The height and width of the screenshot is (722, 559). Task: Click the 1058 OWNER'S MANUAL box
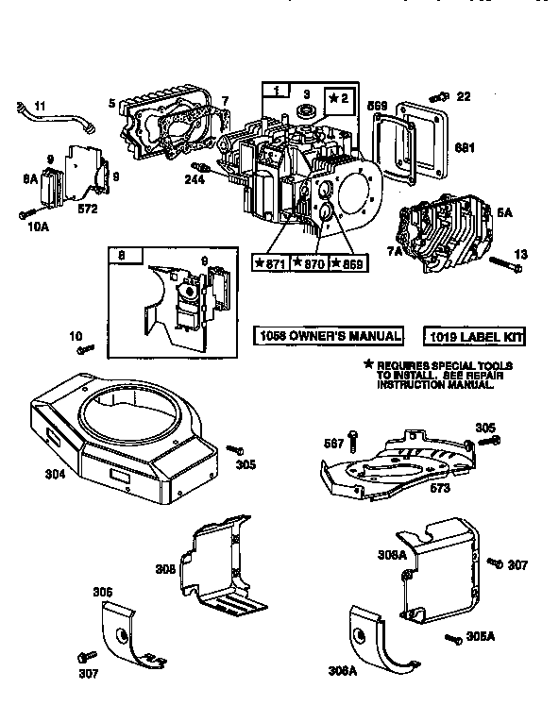[x=328, y=336]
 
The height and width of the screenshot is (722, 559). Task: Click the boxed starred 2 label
[x=338, y=98]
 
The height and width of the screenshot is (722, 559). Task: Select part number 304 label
[x=55, y=475]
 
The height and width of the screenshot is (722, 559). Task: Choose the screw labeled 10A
[x=24, y=215]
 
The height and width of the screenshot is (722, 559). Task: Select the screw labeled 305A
[x=453, y=637]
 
